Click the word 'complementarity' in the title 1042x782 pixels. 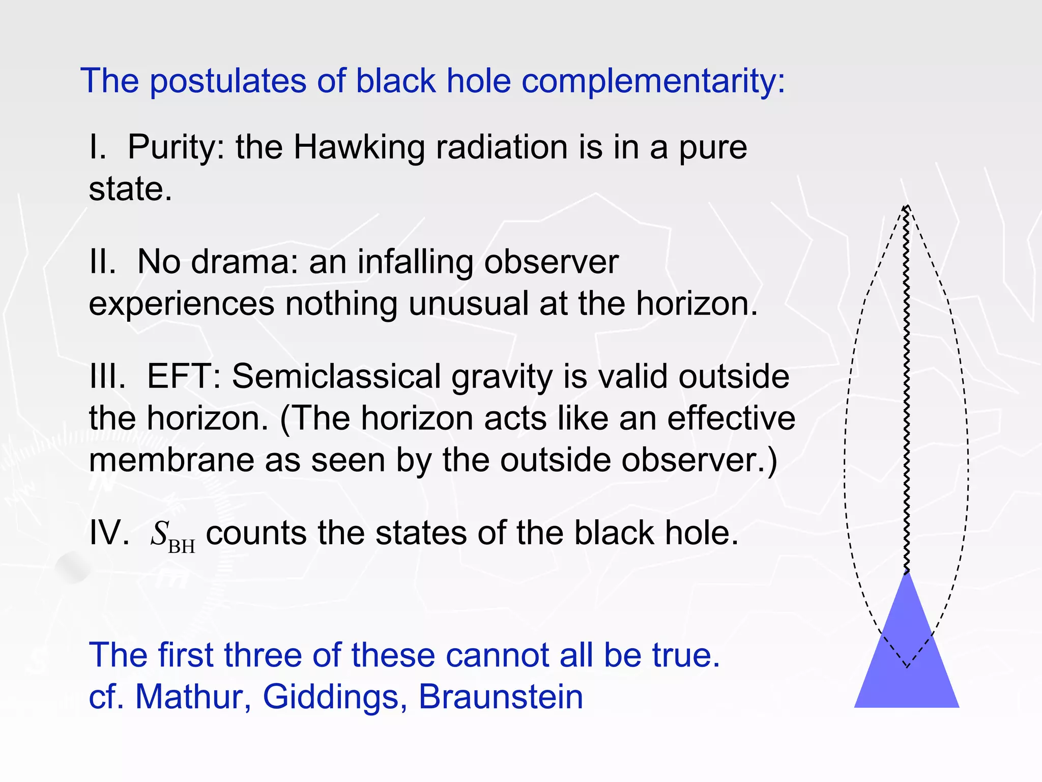click(653, 81)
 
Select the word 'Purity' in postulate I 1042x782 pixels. click(176, 148)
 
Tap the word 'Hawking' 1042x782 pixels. click(359, 148)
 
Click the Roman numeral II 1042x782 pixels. click(102, 262)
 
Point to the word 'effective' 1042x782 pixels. click(731, 418)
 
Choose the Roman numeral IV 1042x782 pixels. click(109, 534)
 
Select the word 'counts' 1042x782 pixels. click(256, 534)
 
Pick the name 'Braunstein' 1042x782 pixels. click(501, 696)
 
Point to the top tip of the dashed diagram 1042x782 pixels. click(906, 206)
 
